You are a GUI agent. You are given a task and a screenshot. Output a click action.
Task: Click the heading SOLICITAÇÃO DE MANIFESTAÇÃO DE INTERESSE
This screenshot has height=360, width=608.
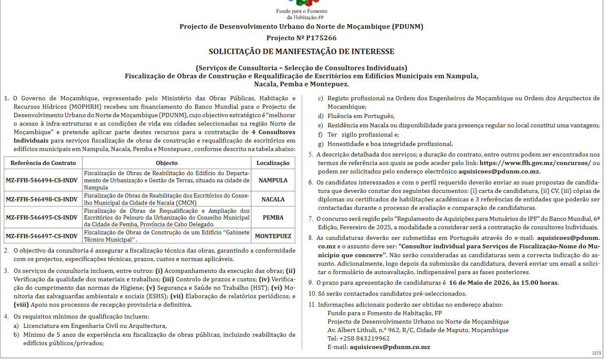[301, 52]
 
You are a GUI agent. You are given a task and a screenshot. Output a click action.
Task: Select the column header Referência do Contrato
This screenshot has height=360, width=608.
[43, 163]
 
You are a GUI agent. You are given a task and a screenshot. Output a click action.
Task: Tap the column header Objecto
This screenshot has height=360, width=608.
[167, 163]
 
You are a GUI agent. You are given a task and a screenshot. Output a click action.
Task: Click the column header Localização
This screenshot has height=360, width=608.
[273, 163]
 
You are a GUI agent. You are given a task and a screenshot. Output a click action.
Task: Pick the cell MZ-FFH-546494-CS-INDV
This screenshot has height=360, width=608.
[42, 180]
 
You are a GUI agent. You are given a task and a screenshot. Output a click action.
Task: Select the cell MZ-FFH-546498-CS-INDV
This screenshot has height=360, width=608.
[42, 199]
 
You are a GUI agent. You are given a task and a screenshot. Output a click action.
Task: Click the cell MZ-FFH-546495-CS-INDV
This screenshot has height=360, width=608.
[42, 217]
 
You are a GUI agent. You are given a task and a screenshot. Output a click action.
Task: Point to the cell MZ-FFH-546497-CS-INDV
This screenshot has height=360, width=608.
[42, 236]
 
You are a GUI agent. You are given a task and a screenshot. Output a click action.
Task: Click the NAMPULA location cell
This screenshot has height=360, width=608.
[273, 180]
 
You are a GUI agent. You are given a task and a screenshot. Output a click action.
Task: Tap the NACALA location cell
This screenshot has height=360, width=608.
[273, 199]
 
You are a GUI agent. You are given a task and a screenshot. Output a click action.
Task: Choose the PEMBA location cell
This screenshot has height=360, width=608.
[273, 217]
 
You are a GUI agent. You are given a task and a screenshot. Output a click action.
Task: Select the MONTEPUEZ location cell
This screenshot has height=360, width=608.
[273, 236]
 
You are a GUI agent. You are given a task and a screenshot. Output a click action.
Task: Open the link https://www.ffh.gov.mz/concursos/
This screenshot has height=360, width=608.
[535, 163]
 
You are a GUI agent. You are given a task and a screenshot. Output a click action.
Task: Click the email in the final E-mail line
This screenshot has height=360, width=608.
[390, 347]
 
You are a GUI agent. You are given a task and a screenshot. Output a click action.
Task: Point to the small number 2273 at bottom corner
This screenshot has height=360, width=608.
[597, 353]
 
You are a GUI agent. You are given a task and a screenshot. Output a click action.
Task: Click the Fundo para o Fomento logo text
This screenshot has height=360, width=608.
[301, 14]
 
